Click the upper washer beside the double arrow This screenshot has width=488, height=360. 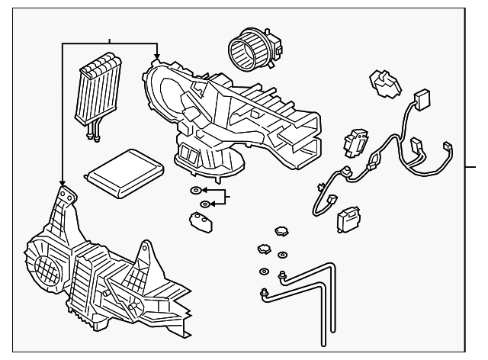(195, 190)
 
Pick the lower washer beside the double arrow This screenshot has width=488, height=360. (204, 204)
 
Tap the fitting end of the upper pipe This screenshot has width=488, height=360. (284, 275)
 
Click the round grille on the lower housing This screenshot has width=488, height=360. (45, 266)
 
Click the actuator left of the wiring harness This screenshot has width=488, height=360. (354, 141)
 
